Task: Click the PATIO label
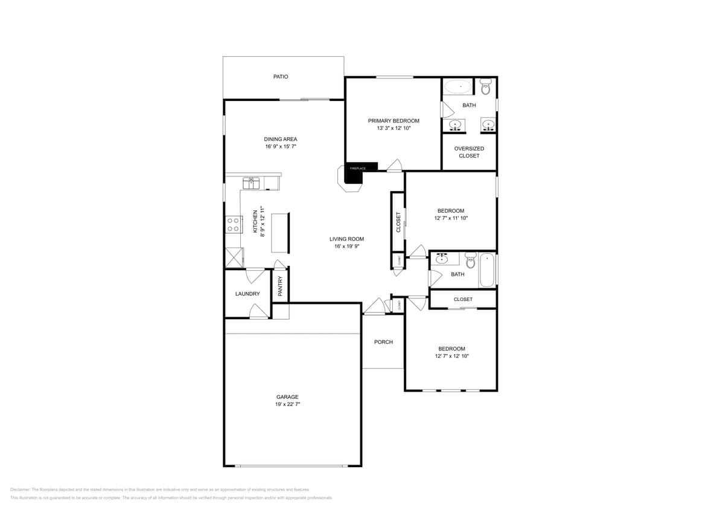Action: [281, 77]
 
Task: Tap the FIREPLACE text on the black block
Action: [358, 168]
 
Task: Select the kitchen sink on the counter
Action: [251, 182]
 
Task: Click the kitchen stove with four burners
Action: [233, 225]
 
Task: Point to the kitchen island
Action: [280, 233]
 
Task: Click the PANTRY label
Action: [280, 286]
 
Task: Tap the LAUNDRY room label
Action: [247, 294]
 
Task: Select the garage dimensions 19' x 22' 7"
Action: [288, 404]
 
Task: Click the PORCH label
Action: [383, 342]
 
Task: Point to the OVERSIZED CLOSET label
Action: [469, 152]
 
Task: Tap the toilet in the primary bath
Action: [486, 87]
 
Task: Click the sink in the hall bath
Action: [442, 260]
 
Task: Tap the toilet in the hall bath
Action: [471, 262]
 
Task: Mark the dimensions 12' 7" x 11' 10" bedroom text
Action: [451, 218]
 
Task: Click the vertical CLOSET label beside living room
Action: [398, 222]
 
